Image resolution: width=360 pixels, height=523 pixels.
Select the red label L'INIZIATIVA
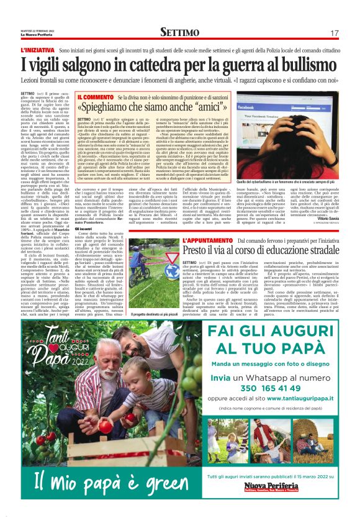[x=38, y=49]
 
